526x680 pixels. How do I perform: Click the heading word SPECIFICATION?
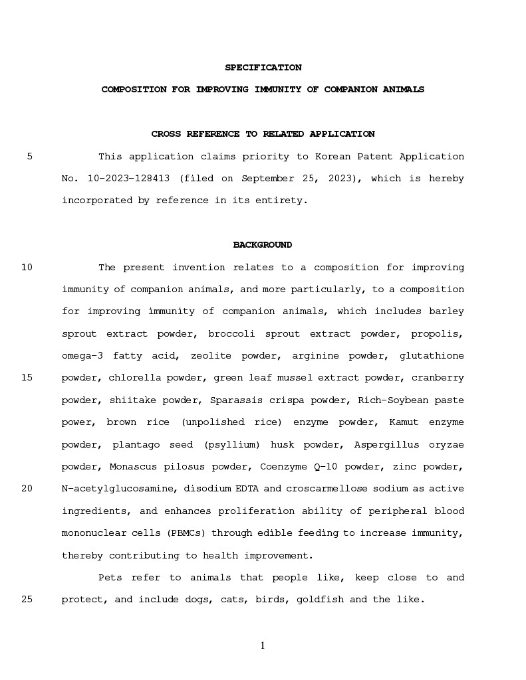coord(263,68)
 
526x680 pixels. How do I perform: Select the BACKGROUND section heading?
coord(262,245)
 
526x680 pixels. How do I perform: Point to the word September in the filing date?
coord(265,179)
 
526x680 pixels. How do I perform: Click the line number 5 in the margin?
coord(30,157)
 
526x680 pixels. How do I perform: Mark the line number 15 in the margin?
coord(27,378)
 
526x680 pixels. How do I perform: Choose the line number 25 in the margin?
coord(27,600)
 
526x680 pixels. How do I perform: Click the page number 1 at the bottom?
coord(263,645)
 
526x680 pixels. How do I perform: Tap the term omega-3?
coord(82,356)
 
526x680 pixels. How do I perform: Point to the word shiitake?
coord(132,400)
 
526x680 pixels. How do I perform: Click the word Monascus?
coord(132,467)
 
